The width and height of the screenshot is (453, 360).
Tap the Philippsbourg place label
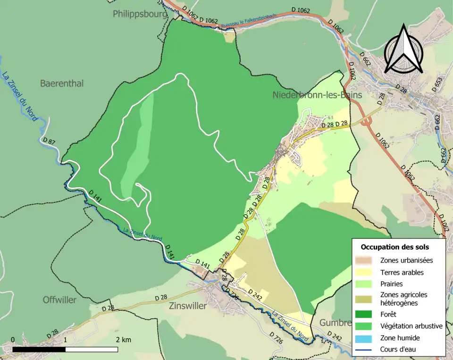pos(140,14)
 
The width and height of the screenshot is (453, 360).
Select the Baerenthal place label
pos(62,84)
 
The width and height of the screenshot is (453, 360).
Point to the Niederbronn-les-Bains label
pos(317,95)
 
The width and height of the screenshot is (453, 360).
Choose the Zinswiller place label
pos(188,306)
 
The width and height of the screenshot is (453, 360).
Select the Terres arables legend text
pos(402,272)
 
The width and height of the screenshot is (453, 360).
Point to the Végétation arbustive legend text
pos(411,326)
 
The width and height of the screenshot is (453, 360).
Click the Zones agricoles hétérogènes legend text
pos(403,299)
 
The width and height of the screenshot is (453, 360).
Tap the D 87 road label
pos(49,141)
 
